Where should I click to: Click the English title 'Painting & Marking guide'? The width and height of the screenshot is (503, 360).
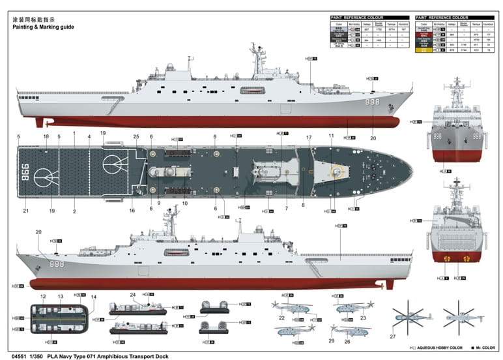click(44, 27)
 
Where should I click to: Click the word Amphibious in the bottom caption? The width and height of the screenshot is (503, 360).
click(116, 356)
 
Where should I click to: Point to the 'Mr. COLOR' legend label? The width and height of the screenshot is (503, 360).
click(484, 348)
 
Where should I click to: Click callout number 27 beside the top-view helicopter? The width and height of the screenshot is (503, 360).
click(393, 337)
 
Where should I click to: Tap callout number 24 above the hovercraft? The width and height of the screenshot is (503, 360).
click(132, 294)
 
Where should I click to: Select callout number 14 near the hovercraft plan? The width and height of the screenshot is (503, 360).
click(93, 297)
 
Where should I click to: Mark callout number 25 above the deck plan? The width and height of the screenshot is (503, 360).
click(136, 136)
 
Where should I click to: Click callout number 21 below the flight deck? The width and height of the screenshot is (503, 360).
click(25, 211)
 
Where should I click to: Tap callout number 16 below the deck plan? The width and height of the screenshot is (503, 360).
click(132, 211)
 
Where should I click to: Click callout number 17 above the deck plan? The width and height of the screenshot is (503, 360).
click(309, 137)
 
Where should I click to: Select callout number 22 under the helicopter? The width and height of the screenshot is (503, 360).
click(282, 318)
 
